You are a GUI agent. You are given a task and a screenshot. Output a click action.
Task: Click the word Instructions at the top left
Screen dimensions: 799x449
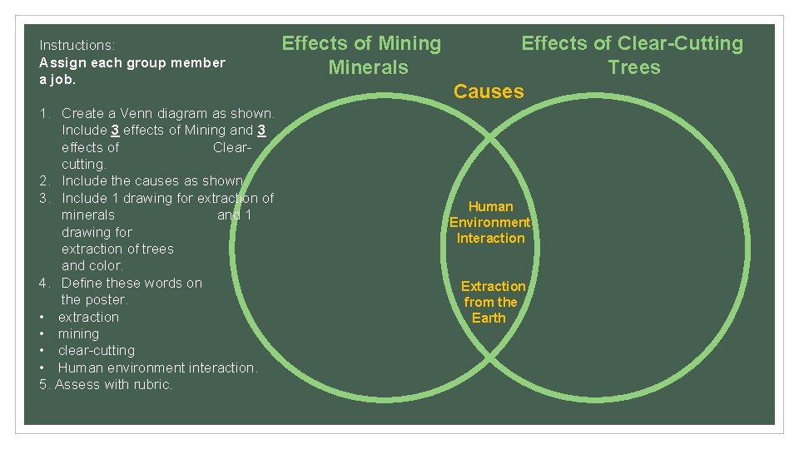coord(77,45)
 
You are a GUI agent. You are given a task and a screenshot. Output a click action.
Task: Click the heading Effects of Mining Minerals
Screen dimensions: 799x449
coord(361,55)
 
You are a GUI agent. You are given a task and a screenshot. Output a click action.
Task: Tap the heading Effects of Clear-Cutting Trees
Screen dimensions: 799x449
coord(633,55)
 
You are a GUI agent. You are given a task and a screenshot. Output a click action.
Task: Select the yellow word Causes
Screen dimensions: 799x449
coord(489,91)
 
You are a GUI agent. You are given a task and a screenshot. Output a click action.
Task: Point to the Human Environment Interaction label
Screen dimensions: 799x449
coord(490,222)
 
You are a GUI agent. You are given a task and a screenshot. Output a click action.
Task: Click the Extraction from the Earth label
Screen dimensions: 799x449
coord(492,302)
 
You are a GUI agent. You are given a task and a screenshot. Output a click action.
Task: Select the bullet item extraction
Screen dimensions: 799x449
coord(88,317)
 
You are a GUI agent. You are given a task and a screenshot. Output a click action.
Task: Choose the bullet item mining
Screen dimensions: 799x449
coord(78,333)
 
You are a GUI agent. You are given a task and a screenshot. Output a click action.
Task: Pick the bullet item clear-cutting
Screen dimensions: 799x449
coord(96,350)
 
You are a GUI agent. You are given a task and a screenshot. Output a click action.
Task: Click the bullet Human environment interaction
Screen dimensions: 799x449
coord(157,368)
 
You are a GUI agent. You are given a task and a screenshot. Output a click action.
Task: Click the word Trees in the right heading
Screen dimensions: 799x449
coord(634,67)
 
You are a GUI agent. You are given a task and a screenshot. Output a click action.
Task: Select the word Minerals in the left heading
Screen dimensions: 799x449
coord(369,67)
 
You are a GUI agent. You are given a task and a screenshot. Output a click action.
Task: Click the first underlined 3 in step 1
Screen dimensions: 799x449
coord(115,130)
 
